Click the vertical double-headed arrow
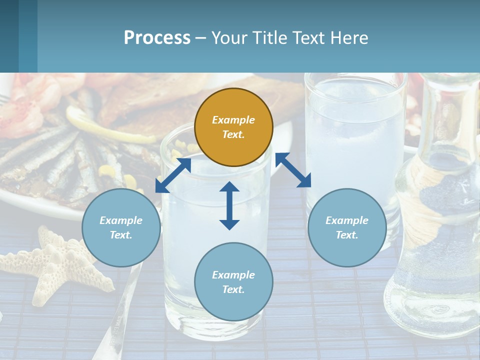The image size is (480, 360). point(229,205)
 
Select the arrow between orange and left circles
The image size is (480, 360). point(173,174)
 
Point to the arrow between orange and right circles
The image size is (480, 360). point(293,170)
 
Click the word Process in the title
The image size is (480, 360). point(157,37)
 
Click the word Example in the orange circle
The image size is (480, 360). point(233,120)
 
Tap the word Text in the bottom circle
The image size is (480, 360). point(233,289)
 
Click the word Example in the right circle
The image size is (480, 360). point(347,220)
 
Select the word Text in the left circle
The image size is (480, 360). point(121,235)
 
